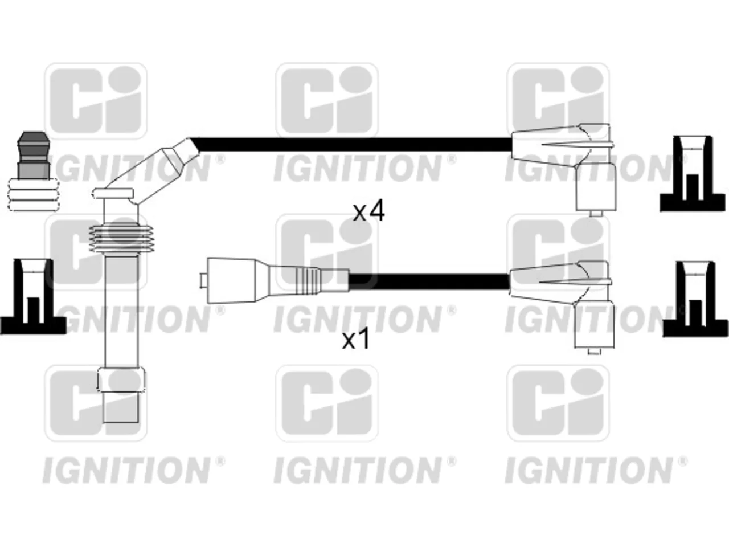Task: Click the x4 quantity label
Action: tap(368, 211)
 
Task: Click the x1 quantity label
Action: tap(356, 340)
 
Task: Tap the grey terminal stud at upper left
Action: tap(33, 156)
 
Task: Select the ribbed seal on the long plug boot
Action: tap(121, 239)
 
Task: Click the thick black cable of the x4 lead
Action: tap(352, 145)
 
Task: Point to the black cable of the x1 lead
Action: tap(429, 282)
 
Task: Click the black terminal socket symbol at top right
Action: tap(693, 174)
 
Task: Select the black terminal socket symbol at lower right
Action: tap(695, 299)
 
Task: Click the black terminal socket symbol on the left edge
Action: tap(32, 297)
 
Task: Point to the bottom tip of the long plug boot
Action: tap(121, 422)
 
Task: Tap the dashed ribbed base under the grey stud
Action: tap(33, 195)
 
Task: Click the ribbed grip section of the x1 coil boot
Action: tap(308, 281)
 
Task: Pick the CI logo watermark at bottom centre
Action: tap(327, 403)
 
